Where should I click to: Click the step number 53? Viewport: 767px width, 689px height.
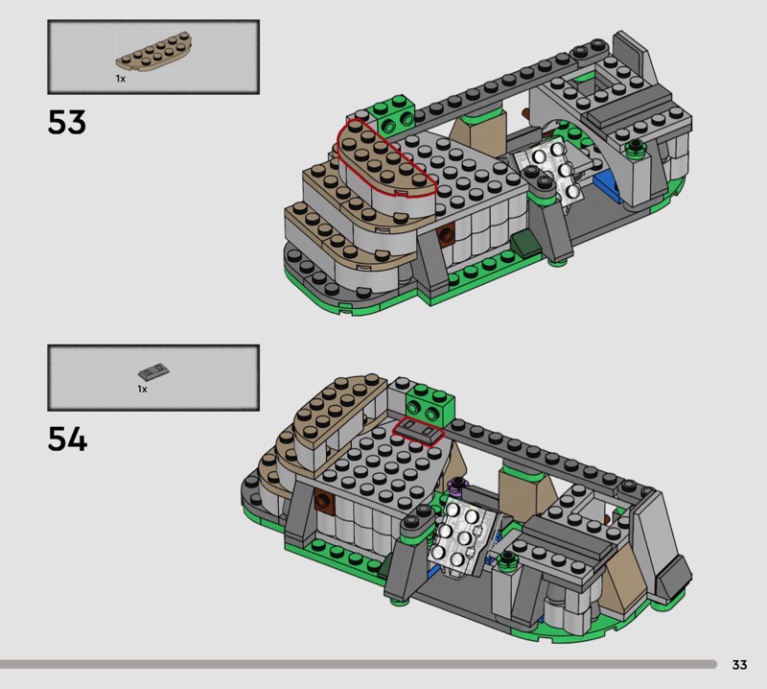(67, 122)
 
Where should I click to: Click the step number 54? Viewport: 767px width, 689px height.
(67, 440)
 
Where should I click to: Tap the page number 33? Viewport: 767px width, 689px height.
(739, 664)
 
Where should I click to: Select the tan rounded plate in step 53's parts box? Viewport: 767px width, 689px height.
(153, 53)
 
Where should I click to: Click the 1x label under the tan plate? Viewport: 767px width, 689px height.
(121, 79)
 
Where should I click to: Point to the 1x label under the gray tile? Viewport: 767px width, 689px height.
(142, 389)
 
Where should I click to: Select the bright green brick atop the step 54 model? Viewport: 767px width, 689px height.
(430, 403)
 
